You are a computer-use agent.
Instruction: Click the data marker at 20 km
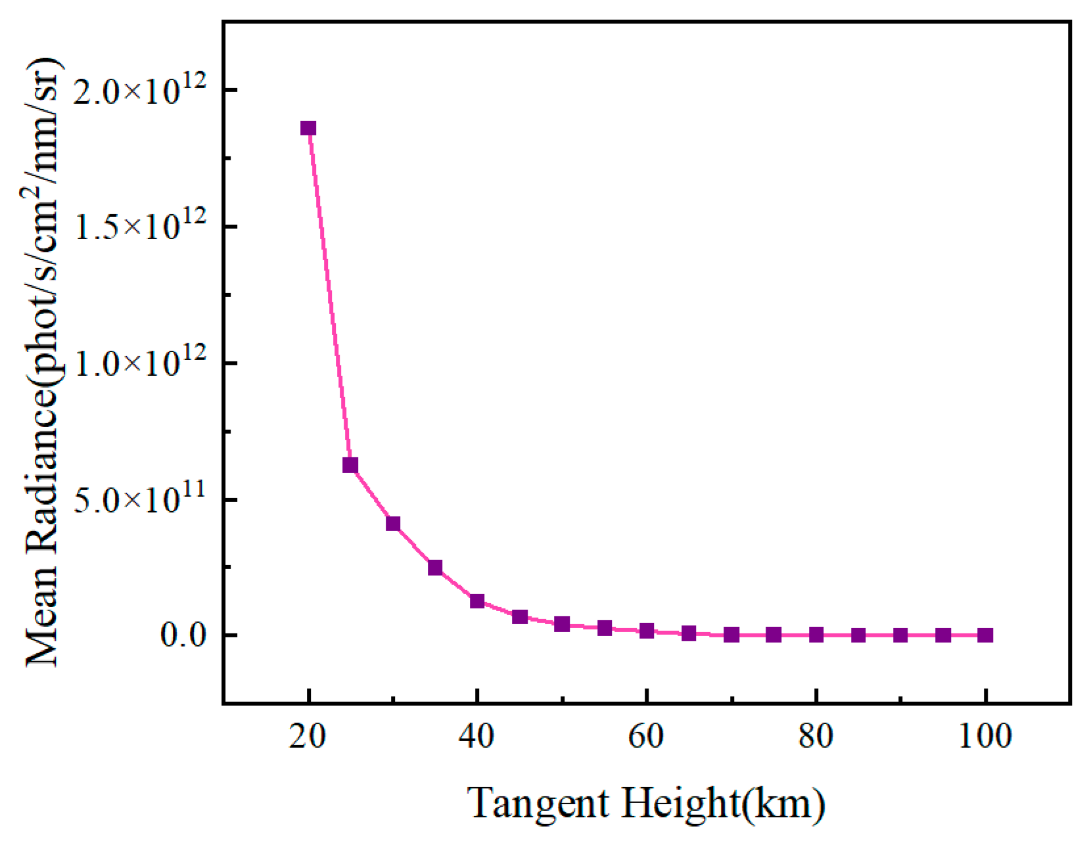pos(308,128)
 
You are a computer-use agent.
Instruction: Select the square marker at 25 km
pos(350,465)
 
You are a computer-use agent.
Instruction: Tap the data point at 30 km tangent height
pos(393,524)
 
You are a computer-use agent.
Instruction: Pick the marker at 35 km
pos(435,568)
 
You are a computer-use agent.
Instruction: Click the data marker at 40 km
pos(478,601)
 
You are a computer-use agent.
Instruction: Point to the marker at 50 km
pos(562,624)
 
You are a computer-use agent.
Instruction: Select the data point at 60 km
pos(647,631)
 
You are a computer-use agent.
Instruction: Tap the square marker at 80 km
pos(816,635)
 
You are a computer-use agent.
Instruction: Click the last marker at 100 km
pos(985,635)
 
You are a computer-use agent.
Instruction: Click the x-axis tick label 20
pos(308,737)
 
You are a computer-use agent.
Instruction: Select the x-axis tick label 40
pos(477,737)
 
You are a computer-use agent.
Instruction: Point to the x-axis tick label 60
pos(647,737)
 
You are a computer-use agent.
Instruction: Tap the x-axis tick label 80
pos(816,737)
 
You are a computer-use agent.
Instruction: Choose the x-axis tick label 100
pos(985,737)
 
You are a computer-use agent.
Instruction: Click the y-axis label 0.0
pos(184,635)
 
